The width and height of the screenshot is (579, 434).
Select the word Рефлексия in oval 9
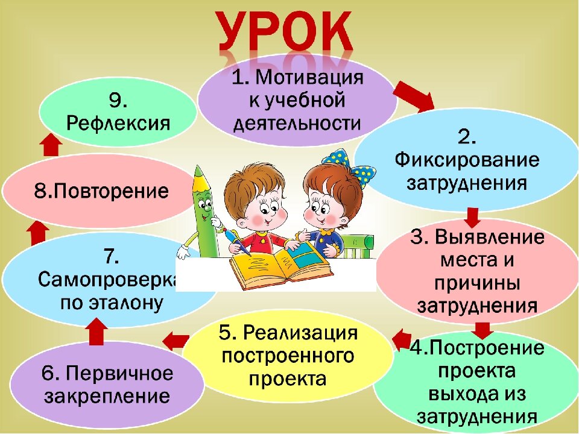coord(118,124)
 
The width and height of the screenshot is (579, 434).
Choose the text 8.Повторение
coord(101,192)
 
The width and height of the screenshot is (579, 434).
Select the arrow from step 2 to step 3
coord(473,216)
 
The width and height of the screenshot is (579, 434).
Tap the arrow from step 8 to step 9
coord(51,145)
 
